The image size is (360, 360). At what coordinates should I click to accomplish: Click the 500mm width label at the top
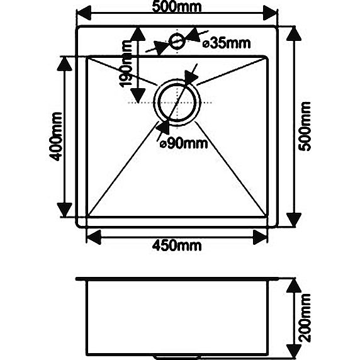click(177, 7)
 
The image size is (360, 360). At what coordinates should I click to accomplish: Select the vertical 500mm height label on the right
click(305, 127)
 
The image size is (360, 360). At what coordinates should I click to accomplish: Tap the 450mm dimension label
click(177, 246)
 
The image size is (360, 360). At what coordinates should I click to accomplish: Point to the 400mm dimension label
click(56, 137)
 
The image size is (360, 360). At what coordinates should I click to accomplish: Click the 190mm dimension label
click(126, 64)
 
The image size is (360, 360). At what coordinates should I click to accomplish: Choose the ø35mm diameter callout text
click(227, 43)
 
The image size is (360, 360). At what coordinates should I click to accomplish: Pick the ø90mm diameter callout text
click(184, 143)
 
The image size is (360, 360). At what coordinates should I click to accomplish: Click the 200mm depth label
click(305, 318)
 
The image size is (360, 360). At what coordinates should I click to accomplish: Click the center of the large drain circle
click(177, 102)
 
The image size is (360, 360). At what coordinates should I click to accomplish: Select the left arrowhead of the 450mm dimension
click(94, 237)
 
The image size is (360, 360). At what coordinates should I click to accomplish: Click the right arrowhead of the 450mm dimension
click(260, 237)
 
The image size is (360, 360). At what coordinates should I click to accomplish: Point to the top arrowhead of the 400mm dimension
click(65, 64)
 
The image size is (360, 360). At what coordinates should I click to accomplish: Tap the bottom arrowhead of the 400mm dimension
click(65, 210)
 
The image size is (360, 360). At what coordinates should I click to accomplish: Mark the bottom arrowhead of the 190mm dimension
click(138, 96)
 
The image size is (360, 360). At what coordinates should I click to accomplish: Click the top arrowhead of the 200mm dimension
click(294, 285)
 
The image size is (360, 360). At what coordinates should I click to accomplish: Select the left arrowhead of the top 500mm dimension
click(84, 13)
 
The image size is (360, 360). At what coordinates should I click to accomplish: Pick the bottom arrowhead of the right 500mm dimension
click(294, 220)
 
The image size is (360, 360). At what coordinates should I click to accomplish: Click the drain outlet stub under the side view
click(177, 357)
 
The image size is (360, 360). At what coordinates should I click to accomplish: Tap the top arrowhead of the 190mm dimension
click(138, 35)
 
